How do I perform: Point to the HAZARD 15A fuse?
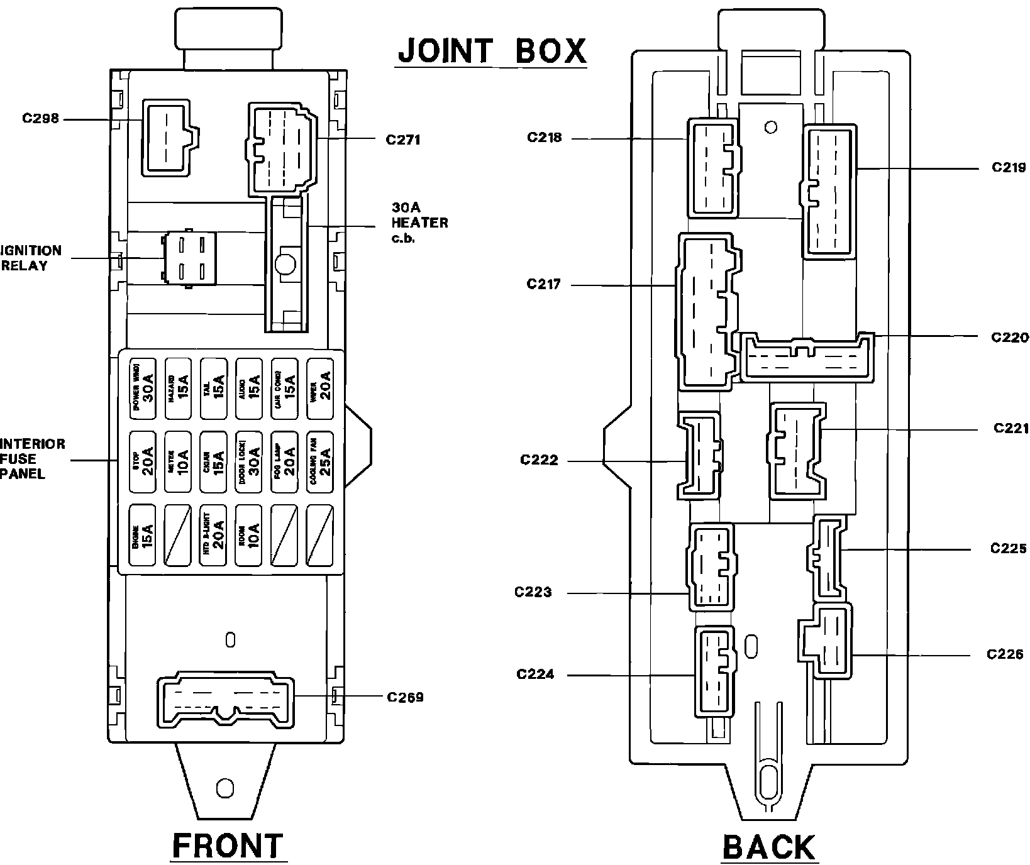click(x=178, y=389)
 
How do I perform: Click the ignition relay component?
click(x=189, y=258)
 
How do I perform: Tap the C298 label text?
click(x=40, y=118)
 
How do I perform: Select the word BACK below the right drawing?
click(x=768, y=847)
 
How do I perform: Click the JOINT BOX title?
click(x=492, y=51)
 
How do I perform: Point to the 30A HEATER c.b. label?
click(x=419, y=223)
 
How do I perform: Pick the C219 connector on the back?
click(x=829, y=190)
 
